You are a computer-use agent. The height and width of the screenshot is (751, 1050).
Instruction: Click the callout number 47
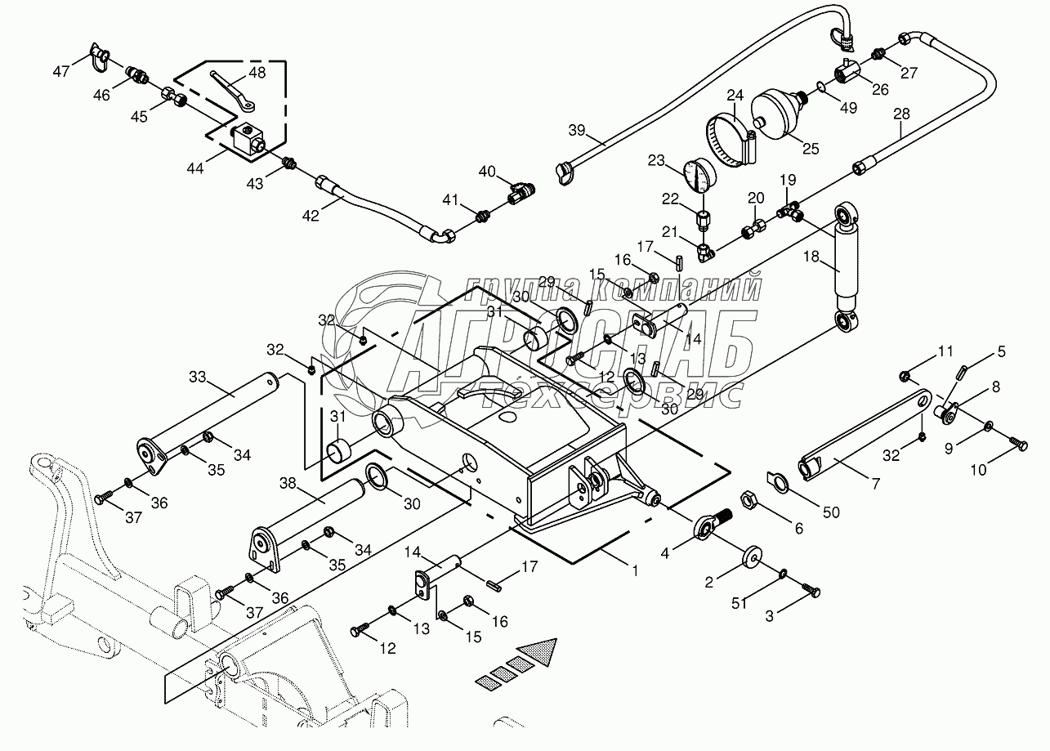(x=61, y=71)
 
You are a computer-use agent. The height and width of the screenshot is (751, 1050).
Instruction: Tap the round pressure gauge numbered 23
(x=696, y=174)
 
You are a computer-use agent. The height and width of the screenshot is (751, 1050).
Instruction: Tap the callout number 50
(x=830, y=512)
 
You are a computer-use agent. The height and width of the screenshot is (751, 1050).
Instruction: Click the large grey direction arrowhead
(x=542, y=652)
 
